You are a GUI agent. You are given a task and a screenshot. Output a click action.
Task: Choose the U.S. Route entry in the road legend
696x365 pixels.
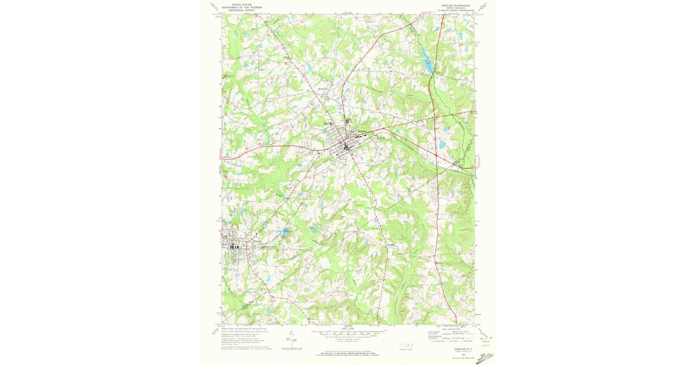tap(452, 342)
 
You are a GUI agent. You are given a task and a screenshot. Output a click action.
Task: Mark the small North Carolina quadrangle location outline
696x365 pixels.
tap(408, 345)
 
